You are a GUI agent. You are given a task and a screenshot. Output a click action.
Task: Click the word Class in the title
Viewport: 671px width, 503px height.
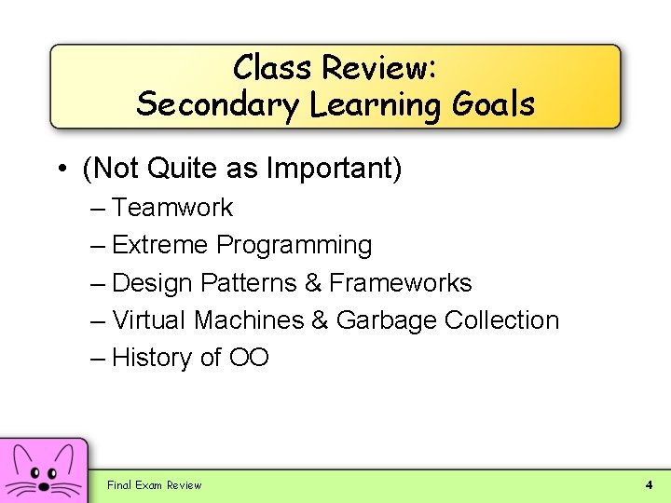273,67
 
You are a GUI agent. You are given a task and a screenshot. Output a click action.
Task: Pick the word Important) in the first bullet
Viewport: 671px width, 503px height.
334,170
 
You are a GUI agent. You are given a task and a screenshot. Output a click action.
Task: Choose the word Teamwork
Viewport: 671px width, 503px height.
172,208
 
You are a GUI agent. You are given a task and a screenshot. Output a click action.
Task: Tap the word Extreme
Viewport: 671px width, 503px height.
160,245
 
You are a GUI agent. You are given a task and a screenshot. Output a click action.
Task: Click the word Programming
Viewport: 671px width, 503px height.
294,246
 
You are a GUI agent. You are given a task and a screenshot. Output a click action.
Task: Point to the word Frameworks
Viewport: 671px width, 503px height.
401,282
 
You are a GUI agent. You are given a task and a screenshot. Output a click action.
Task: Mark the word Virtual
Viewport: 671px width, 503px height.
149,319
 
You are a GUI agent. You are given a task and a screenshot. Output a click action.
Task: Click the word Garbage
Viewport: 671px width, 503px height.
386,320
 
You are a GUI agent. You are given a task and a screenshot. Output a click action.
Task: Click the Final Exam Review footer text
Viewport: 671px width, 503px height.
154,485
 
